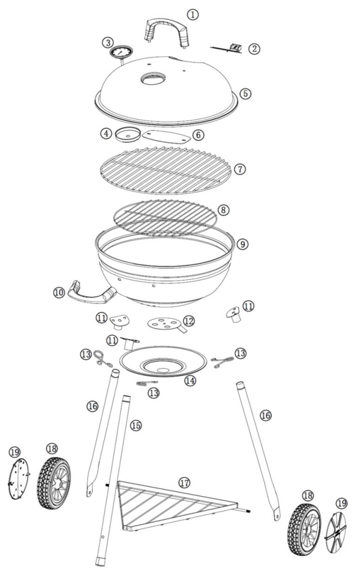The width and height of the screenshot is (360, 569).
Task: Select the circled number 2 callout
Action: click(x=254, y=49)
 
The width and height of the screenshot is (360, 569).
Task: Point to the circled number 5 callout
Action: click(x=245, y=93)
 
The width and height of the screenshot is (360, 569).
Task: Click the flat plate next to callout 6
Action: click(x=167, y=136)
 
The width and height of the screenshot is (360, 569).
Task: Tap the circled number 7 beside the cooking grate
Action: click(x=240, y=169)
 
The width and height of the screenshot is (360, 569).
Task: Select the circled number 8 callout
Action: click(x=224, y=210)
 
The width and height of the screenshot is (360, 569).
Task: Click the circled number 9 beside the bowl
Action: click(x=243, y=245)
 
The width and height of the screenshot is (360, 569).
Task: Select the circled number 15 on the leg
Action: click(x=136, y=425)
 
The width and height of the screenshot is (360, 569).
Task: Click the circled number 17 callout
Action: click(x=185, y=483)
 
